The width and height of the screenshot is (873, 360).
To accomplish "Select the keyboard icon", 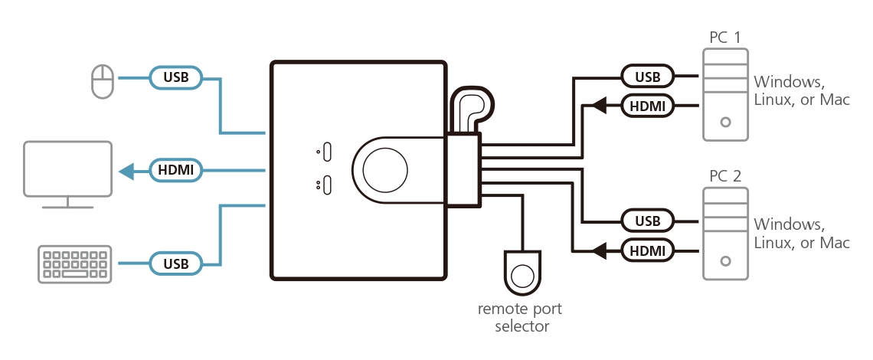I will coord(74,263).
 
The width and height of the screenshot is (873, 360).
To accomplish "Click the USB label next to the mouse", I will coord(176,77).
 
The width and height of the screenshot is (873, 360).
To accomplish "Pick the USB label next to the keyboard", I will coord(176,263).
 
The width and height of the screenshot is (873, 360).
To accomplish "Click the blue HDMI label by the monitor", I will coord(176,170).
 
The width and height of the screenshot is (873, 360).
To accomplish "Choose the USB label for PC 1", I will coord(647,77).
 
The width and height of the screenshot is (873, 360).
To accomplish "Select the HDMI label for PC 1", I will coord(647,105).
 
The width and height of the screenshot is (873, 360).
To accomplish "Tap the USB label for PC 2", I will coord(647,221).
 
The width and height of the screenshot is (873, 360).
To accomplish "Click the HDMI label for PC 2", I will coord(647,250).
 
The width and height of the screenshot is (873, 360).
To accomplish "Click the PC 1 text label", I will coord(725,36).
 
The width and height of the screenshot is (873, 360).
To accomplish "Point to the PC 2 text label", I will coord(725,176).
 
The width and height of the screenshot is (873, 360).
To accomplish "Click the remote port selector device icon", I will coord(523,273).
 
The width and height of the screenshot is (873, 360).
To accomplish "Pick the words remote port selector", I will coord(519,318).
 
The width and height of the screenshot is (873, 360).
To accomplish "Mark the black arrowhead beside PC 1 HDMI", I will coord(600,105).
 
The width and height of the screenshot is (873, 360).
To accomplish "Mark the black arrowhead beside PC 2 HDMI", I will coord(600,250).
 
